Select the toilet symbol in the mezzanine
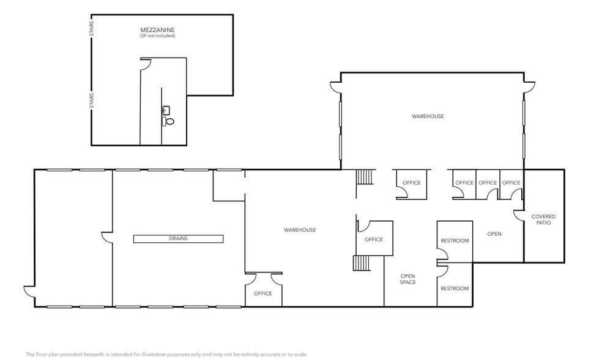(x=169, y=121)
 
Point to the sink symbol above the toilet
(x=165, y=110)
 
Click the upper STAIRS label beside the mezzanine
(x=92, y=28)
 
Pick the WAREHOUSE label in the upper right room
(x=428, y=116)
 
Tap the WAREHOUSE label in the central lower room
(x=300, y=230)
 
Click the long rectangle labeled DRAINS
(x=179, y=239)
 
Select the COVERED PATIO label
(x=543, y=219)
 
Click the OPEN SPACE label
(x=408, y=279)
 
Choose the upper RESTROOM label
(x=455, y=241)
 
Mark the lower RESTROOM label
(x=455, y=288)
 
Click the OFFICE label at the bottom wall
(x=262, y=293)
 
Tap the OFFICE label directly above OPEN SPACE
(x=374, y=239)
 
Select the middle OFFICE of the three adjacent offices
(x=488, y=182)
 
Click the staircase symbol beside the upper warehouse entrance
(x=365, y=177)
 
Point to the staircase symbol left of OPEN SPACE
(x=362, y=263)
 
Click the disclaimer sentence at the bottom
(x=166, y=354)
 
